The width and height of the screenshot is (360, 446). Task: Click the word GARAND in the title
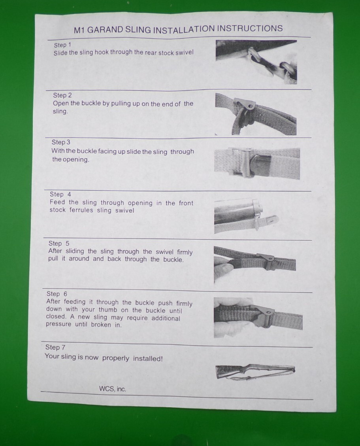pos(105,30)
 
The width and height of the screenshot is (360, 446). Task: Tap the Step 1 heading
pos(62,45)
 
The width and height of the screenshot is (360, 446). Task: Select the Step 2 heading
pos(62,95)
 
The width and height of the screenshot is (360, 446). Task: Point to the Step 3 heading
pos(61,142)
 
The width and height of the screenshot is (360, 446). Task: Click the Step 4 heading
pos(60,194)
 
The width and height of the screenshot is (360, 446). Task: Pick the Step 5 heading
pos(59,244)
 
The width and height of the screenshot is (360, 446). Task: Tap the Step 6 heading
pos(57,294)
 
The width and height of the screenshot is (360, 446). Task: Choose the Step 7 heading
pos(55,347)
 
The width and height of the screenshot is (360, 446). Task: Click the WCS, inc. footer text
pos(113,389)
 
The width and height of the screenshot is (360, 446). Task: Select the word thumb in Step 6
pos(108,310)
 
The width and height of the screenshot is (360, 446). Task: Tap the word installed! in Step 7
pos(148,358)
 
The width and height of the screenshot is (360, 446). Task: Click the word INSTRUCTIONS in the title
pos(250,28)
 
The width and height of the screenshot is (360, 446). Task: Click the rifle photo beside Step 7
pos(255,372)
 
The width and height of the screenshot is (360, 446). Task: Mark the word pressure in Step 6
pos(58,324)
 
